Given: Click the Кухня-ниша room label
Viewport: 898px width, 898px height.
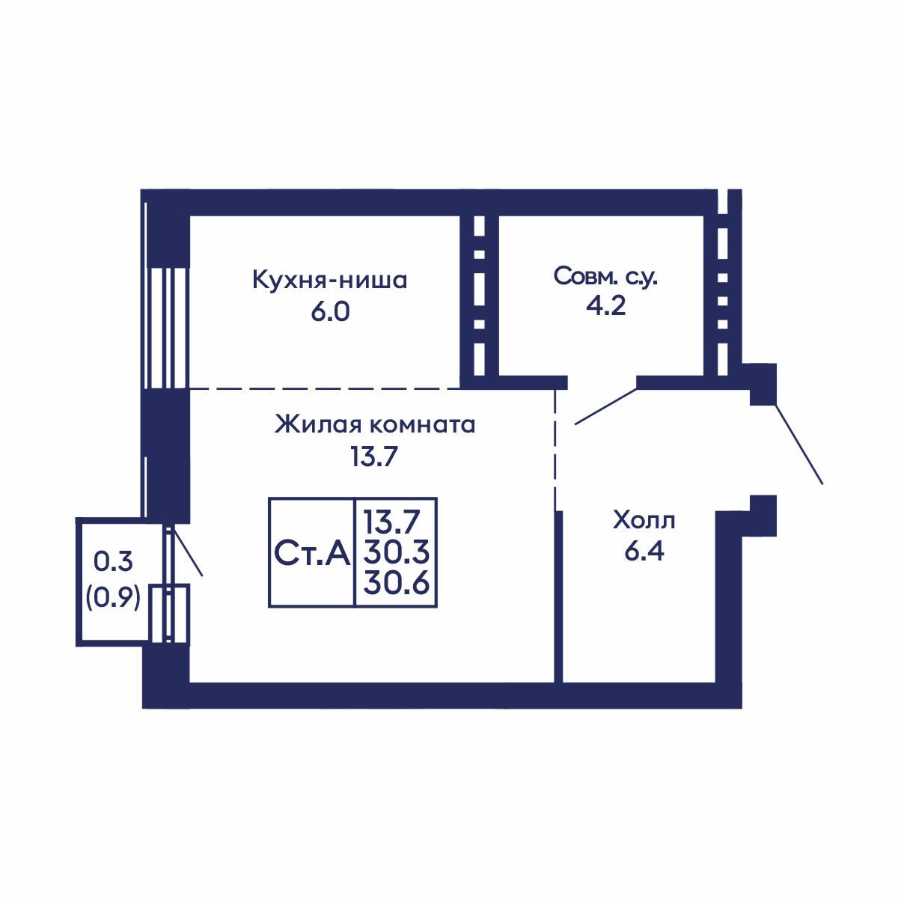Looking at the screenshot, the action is [329, 281].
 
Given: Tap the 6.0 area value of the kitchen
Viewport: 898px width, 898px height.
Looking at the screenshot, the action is [330, 312].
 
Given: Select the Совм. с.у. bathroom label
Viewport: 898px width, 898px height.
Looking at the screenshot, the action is [605, 277].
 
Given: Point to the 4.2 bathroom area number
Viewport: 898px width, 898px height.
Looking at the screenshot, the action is [605, 306].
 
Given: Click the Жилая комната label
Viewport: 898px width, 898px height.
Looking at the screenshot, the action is [375, 424].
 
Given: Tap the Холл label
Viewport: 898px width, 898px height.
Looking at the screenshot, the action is [644, 521].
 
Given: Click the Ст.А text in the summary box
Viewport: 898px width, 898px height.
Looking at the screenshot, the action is [312, 554].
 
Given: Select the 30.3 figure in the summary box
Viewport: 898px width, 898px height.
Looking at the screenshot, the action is [396, 553].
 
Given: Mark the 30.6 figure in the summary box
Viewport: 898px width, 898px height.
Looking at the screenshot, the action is [396, 583].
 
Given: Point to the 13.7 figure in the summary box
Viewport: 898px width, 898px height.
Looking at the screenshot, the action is [392, 522].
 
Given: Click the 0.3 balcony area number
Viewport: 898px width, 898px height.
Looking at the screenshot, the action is [113, 561].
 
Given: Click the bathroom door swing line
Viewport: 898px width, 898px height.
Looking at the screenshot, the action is [606, 406].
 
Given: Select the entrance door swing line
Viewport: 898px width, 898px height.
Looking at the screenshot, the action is [798, 444].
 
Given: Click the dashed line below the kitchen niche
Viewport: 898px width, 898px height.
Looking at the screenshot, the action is [325, 388].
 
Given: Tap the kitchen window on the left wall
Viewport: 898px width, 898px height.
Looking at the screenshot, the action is [166, 328].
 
